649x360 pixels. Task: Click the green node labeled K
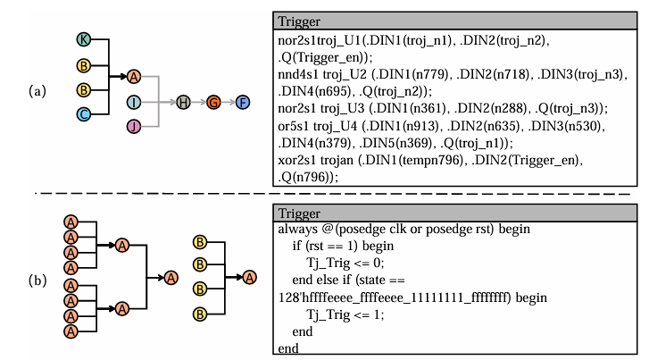coord(84,40)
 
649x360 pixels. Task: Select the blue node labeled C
coord(84,113)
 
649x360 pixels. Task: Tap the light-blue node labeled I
coord(134,103)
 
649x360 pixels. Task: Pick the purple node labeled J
coord(134,127)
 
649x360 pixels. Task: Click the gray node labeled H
coord(183,103)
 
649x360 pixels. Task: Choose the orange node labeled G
coord(213,103)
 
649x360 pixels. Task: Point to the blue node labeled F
coord(243,103)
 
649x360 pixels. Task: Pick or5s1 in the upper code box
coord(296,124)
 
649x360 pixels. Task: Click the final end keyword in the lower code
coord(289,347)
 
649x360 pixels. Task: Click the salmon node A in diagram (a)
coord(134,77)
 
